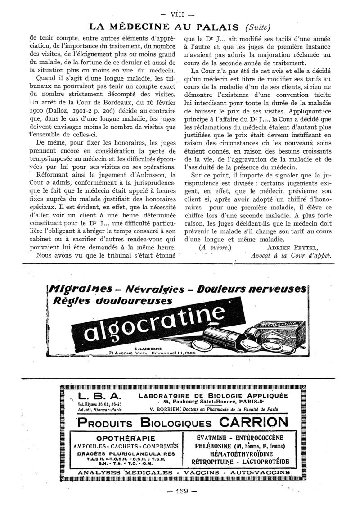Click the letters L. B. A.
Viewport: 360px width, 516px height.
click(99, 396)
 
